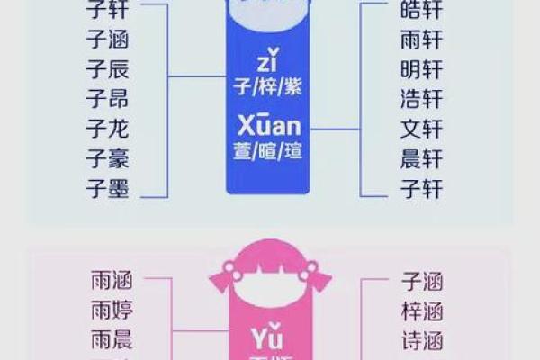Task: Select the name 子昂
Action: (x=108, y=99)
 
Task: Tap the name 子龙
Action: (x=108, y=130)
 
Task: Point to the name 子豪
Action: (x=108, y=160)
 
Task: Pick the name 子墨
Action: (x=108, y=190)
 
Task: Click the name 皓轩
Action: (x=421, y=11)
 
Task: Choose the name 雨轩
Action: (x=421, y=40)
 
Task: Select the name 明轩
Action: (x=421, y=70)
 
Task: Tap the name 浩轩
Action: (x=421, y=100)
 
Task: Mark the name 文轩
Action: (x=421, y=130)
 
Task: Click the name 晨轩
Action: (x=421, y=159)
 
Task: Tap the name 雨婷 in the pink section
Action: (x=112, y=311)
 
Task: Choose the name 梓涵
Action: (x=421, y=311)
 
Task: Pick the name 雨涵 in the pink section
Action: (x=112, y=281)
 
